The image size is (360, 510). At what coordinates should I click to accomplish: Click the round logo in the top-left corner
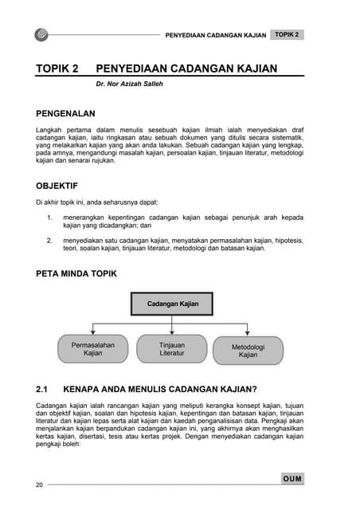pyautogui.click(x=42, y=35)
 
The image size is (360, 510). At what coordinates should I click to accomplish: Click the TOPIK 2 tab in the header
pyautogui.click(x=286, y=35)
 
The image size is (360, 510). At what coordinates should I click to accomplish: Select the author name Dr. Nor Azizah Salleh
pyautogui.click(x=129, y=83)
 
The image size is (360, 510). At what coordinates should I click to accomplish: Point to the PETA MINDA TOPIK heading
pyautogui.click(x=76, y=273)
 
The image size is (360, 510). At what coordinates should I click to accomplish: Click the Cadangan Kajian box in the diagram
pyautogui.click(x=172, y=304)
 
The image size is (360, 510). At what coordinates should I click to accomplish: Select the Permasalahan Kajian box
pyautogui.click(x=93, y=349)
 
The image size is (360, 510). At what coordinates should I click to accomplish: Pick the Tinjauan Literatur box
pyautogui.click(x=171, y=349)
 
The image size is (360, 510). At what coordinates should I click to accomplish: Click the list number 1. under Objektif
pyautogui.click(x=49, y=216)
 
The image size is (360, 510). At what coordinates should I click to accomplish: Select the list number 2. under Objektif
pyautogui.click(x=49, y=239)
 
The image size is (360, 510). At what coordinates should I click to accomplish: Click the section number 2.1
pyautogui.click(x=43, y=390)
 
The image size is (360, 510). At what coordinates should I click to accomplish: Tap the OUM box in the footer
pyautogui.click(x=292, y=479)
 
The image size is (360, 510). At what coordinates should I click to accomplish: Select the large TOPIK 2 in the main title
pyautogui.click(x=57, y=69)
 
